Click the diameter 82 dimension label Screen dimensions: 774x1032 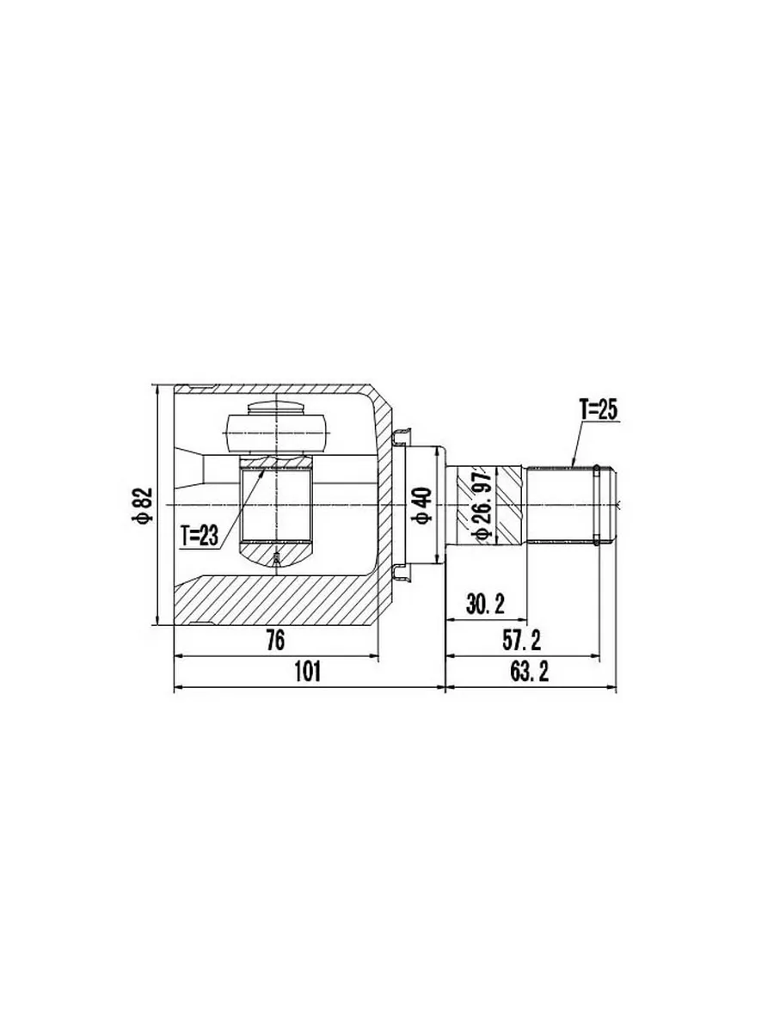(144, 505)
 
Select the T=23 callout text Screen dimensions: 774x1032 (200, 536)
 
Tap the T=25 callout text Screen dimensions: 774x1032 (599, 410)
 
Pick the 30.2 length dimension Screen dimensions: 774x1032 (485, 605)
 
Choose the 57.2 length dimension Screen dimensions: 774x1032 (521, 641)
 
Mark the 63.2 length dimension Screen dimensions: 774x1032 (529, 673)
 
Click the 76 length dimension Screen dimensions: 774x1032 (275, 641)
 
